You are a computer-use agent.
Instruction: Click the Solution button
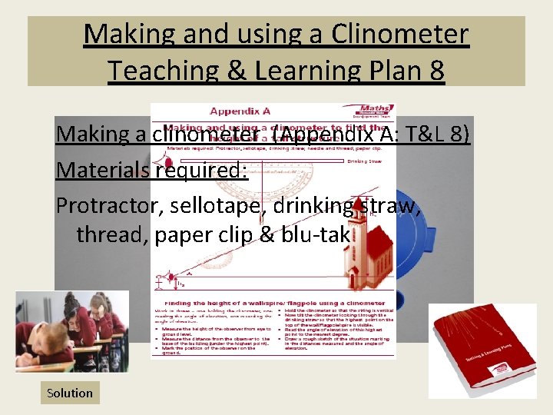(x=69, y=393)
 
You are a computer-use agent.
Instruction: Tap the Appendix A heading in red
(x=242, y=111)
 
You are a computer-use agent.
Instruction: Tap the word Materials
(x=102, y=169)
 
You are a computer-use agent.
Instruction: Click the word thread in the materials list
(x=113, y=234)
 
